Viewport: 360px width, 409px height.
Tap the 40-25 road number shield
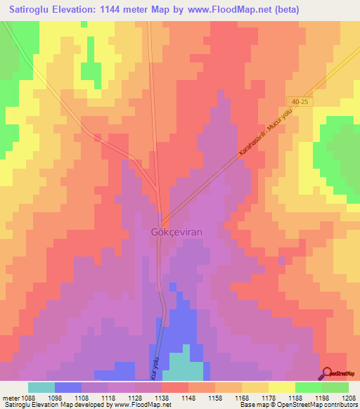pyautogui.click(x=299, y=103)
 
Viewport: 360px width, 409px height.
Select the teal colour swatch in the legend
pyautogui.click(x=41, y=387)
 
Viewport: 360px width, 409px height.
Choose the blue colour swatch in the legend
pyautogui.click(x=67, y=387)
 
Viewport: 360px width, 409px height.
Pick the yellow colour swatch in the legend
pyautogui.click(x=281, y=387)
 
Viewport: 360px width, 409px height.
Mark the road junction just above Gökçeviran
pyautogui.click(x=163, y=213)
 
